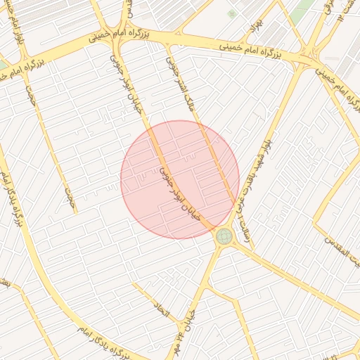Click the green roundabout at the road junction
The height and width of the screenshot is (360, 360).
[x=224, y=236]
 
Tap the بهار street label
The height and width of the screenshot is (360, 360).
[x=253, y=29]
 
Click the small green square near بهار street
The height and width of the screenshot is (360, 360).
[x=232, y=13]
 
